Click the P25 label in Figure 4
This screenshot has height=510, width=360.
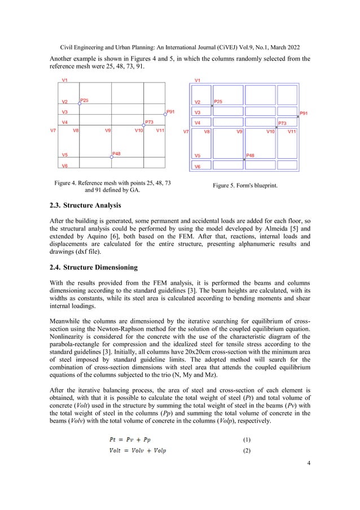coord(84,100)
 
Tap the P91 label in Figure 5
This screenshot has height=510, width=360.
coord(304,113)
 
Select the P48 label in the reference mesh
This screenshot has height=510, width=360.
coord(116,153)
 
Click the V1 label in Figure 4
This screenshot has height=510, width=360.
coord(65,81)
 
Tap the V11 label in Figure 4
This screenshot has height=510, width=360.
coord(160,130)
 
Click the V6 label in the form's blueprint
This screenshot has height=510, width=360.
coord(197,167)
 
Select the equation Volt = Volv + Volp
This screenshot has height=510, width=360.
coord(138,450)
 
